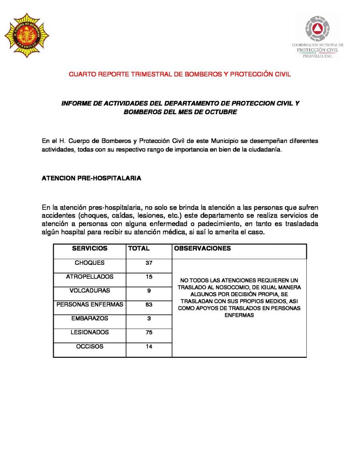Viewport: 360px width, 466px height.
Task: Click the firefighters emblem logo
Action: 26,35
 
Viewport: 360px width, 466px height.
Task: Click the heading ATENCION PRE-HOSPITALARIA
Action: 91,178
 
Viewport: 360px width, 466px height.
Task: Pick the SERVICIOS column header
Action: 90,248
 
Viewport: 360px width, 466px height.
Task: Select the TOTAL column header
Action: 139,248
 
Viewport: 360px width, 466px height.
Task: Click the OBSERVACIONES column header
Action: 203,248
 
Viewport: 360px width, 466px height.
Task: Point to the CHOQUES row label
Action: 90,263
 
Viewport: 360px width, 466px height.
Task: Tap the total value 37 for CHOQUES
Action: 149,263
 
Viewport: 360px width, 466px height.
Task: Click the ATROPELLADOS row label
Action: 90,277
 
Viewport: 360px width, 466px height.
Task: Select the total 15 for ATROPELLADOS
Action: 149,277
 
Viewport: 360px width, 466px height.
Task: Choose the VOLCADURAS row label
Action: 90,290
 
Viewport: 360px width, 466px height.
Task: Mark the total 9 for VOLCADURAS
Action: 149,291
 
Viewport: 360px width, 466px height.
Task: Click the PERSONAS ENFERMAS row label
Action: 90,304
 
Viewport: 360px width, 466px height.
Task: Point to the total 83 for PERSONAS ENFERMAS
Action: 149,305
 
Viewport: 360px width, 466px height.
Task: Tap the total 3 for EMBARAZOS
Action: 149,319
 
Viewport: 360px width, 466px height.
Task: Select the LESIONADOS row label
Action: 90,333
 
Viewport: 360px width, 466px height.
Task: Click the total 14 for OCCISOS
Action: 149,347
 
